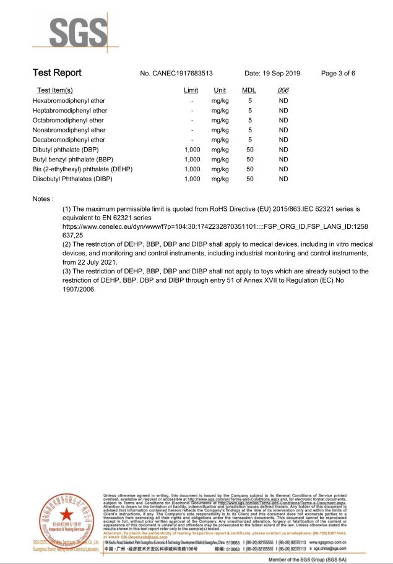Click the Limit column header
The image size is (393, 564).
(191, 91)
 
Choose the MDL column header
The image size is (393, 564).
(248, 91)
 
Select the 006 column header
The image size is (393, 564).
(283, 91)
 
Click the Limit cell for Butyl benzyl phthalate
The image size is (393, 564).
(192, 160)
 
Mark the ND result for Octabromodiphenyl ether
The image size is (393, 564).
(284, 120)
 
